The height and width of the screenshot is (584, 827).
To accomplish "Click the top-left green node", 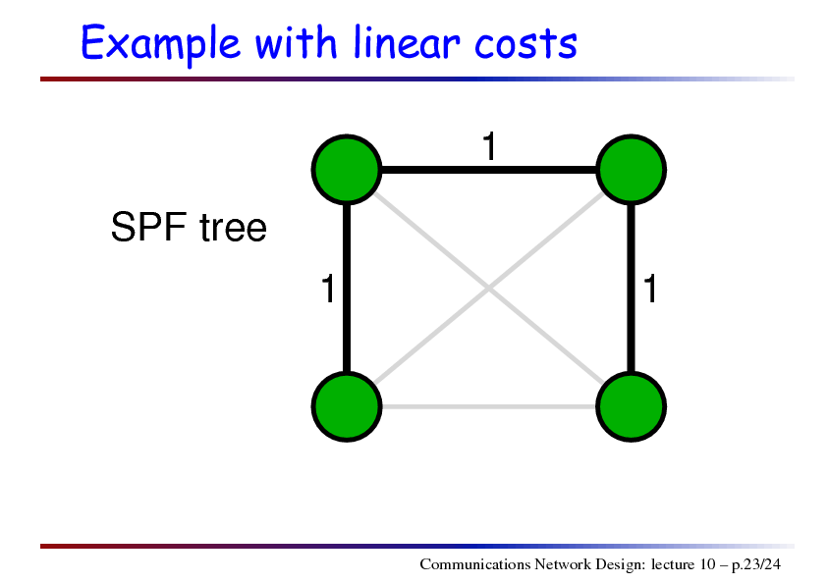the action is click(x=347, y=170).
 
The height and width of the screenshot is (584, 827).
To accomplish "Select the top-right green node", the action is click(x=631, y=170).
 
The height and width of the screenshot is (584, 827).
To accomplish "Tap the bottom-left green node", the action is click(x=347, y=406).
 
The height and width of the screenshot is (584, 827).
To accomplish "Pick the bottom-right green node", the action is click(x=631, y=406).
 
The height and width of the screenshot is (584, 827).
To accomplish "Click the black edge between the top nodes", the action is click(x=489, y=170).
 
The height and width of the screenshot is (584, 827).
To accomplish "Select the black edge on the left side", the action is click(x=347, y=289).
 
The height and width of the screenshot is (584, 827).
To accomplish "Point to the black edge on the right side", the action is click(x=631, y=289).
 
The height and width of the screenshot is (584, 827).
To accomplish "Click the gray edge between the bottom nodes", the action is click(x=489, y=406).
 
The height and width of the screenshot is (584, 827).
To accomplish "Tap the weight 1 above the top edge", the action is click(x=490, y=146).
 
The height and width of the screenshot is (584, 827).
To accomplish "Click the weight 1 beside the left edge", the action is click(x=328, y=289).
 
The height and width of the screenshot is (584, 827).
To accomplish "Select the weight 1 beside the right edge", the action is click(x=650, y=289).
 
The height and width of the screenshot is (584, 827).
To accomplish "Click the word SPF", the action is click(x=148, y=227).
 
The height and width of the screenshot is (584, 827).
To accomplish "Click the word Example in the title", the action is click(x=160, y=44).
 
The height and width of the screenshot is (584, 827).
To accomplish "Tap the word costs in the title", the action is click(x=525, y=44).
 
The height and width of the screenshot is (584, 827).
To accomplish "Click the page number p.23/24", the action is click(x=756, y=565).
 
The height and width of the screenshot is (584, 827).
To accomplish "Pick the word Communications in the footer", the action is click(x=474, y=564).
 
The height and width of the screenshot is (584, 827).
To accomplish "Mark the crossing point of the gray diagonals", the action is click(x=489, y=289).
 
